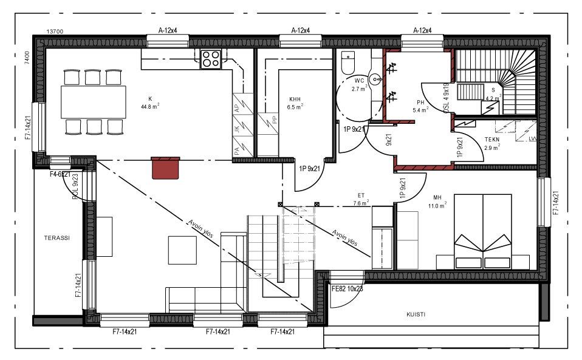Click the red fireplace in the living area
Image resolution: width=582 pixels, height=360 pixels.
166,168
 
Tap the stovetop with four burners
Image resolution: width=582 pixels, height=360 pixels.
211,59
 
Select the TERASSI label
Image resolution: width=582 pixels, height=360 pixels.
56,239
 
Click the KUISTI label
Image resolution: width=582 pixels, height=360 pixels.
416,314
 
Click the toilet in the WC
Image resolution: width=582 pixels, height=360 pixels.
347,63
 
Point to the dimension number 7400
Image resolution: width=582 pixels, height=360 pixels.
27,58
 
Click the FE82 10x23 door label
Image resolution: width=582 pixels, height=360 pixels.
347,289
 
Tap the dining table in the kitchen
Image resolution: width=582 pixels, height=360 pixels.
93,102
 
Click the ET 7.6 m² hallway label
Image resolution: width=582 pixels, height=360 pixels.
361,199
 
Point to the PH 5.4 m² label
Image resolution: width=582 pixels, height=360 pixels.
420,106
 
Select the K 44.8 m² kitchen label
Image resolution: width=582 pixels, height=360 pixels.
149,103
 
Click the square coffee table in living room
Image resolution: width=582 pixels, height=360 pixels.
182,250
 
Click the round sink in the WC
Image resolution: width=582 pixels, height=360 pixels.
377,78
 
